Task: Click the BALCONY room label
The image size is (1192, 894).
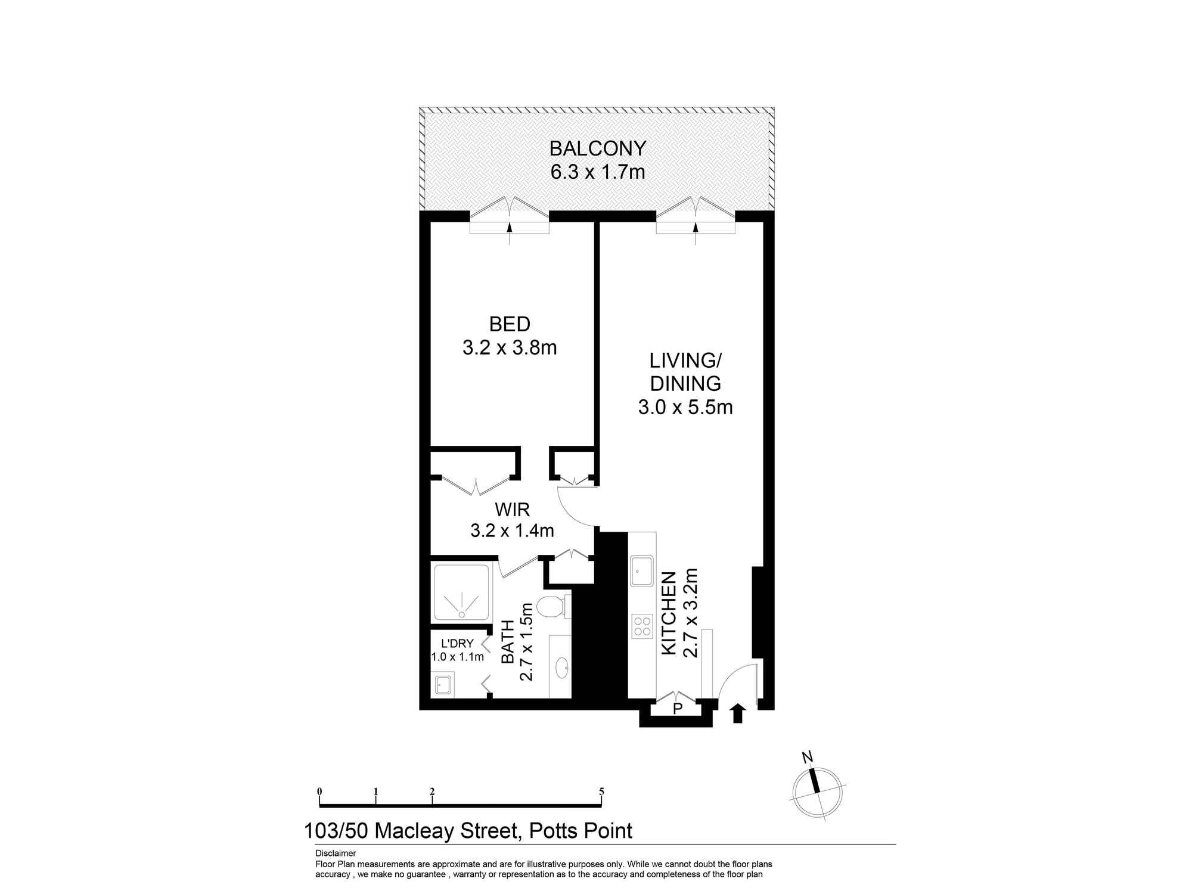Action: tap(597, 148)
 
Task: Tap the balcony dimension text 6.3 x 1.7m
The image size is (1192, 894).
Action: tap(597, 173)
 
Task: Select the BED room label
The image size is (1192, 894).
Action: tap(510, 324)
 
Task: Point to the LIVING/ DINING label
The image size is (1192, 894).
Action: tap(685, 372)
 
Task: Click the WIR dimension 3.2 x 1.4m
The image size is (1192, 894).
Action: tap(512, 530)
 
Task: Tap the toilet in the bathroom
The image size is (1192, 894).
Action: tap(551, 607)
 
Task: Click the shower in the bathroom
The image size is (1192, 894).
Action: tap(462, 593)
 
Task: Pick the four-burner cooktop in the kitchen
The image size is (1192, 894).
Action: tap(642, 627)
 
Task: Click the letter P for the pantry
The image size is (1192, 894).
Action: tap(677, 709)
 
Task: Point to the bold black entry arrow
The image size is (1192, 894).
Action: tap(738, 713)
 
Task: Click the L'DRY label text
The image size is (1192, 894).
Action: tap(457, 644)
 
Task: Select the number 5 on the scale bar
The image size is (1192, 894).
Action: tap(602, 791)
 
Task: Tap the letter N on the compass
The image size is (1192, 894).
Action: tap(808, 758)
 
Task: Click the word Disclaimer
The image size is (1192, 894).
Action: tap(336, 853)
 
